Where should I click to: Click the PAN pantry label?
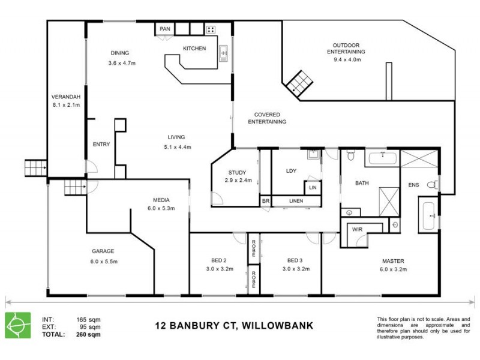tap(164, 29)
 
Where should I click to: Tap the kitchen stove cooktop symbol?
tap(212, 29)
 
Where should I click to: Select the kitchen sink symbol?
tap(224, 53)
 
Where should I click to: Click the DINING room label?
tap(120, 53)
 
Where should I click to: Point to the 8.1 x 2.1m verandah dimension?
tap(67, 105)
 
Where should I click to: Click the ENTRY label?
tap(101, 144)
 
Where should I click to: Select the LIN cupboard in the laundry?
tap(312, 188)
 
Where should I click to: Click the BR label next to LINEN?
tap(265, 202)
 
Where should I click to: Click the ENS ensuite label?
tap(414, 184)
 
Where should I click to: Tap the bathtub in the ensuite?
tap(429, 217)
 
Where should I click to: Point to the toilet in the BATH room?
tap(352, 158)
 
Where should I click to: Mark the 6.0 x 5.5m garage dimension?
tap(103, 262)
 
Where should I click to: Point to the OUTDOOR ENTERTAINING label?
tap(346, 48)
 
